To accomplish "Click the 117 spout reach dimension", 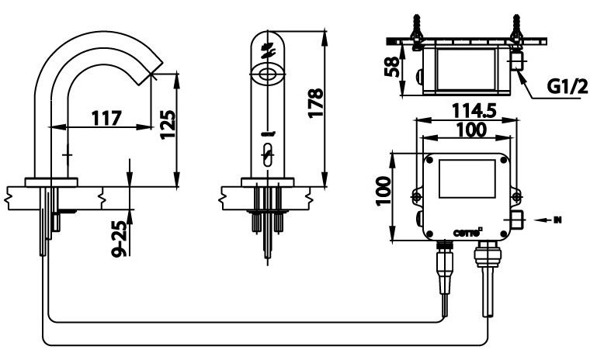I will point(106,119).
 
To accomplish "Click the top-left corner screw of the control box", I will point(426,160).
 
